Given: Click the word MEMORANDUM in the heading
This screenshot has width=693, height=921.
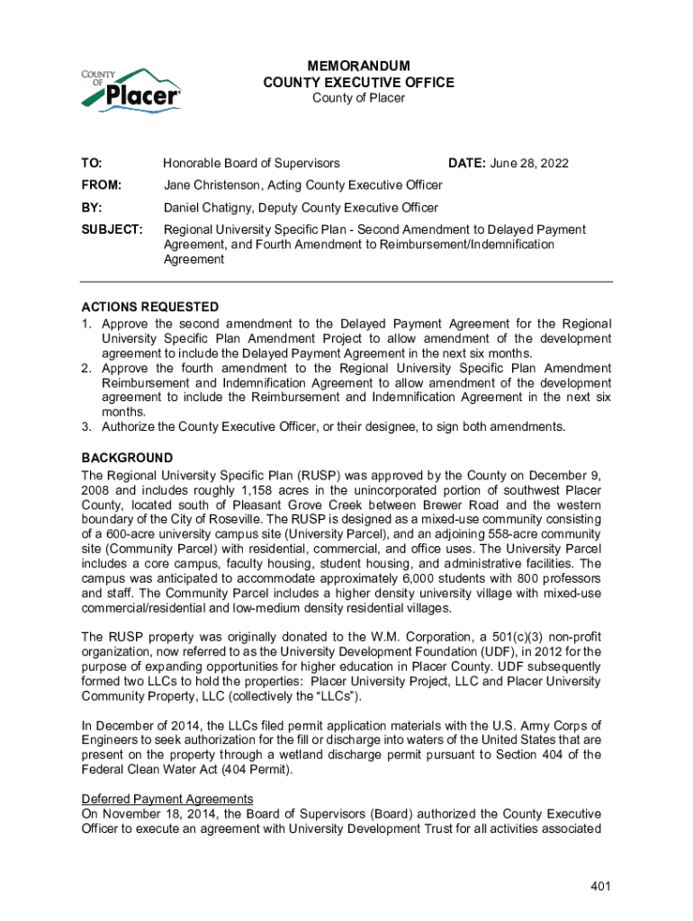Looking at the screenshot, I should [358, 67].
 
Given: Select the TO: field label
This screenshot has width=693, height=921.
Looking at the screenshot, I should [92, 163].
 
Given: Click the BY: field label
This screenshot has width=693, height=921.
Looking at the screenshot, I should [92, 208].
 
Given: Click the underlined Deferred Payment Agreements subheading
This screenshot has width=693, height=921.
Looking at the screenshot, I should [167, 799].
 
